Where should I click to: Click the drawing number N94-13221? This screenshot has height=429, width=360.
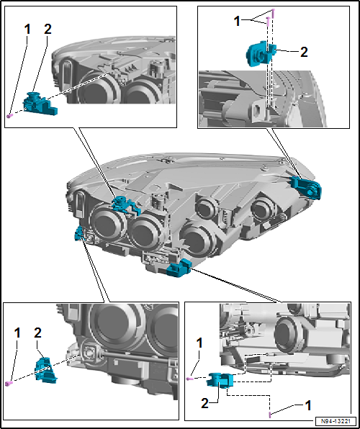[334, 421]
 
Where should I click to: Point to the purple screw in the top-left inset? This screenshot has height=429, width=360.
[9, 115]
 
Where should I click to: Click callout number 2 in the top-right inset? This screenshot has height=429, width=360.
[304, 52]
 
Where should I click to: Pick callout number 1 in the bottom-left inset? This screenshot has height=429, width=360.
[17, 333]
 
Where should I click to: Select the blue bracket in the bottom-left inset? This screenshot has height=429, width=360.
[44, 367]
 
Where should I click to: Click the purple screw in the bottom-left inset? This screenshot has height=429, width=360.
[9, 383]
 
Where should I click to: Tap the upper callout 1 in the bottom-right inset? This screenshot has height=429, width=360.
[199, 343]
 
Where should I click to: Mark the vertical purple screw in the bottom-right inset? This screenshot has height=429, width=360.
[269, 414]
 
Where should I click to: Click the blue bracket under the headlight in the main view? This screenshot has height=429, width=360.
[177, 268]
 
